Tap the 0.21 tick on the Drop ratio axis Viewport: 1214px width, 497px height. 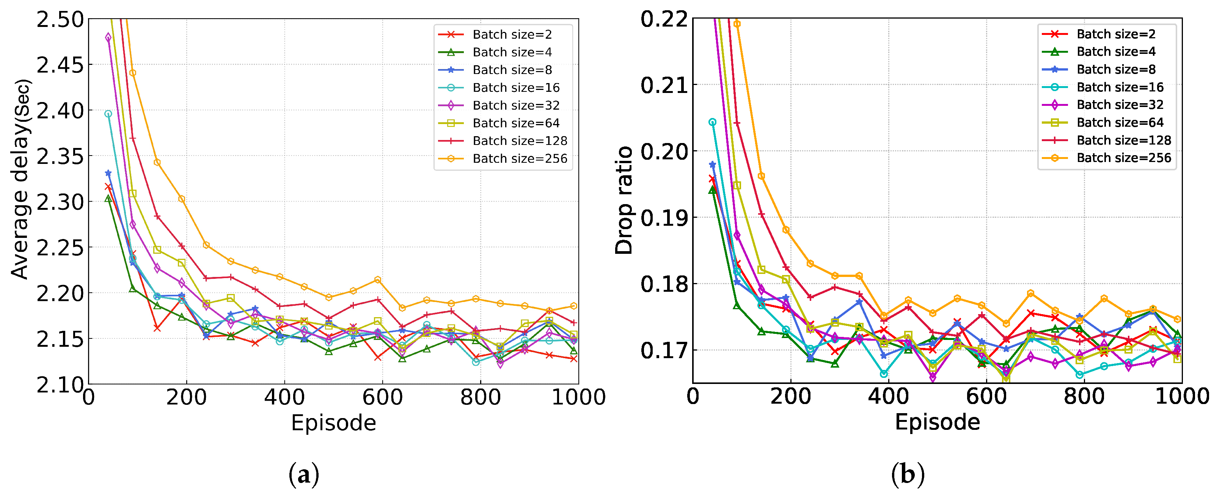tap(664, 85)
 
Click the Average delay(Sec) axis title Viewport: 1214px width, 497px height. tap(21, 179)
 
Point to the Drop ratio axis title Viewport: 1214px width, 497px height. tap(624, 200)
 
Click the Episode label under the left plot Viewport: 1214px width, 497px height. tap(333, 423)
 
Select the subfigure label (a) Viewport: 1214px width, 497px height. tap(303, 475)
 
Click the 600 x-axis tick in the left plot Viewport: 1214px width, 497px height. tap(382, 398)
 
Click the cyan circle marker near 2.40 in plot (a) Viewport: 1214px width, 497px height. tap(108, 114)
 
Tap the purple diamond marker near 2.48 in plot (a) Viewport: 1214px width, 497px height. tap(108, 37)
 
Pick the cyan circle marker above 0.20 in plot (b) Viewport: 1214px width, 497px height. tap(713, 122)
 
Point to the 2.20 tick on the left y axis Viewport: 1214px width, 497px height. tap(60, 293)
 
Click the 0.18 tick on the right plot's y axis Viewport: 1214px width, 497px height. tap(664, 284)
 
